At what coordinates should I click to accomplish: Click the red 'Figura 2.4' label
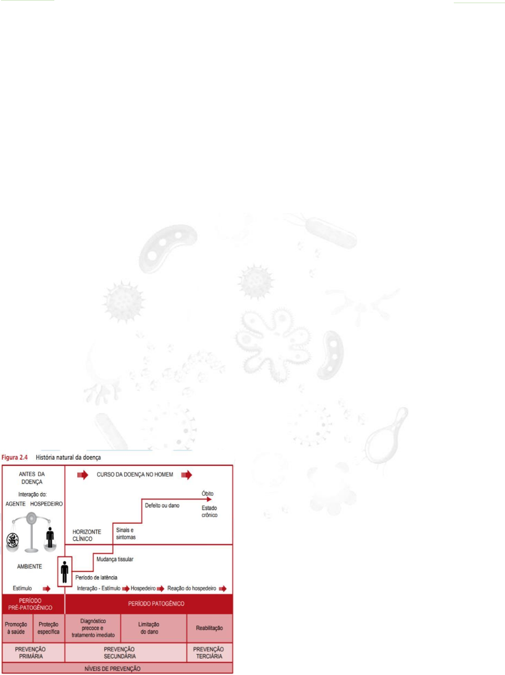pos(14,457)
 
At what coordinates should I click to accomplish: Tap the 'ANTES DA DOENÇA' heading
pos(32,478)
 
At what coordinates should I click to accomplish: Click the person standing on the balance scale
pos(50,537)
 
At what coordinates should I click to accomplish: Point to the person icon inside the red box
pos(65,571)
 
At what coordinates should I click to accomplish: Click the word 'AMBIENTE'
pos(29,566)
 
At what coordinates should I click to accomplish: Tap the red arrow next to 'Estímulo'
pos(47,589)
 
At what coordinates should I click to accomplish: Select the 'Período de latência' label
pos(96,578)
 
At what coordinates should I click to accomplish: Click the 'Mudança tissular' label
pos(115,559)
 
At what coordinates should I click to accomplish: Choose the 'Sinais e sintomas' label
pos(126,534)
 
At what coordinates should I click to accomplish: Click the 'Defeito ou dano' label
pos(162,505)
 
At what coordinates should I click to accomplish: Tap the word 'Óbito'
pos(207,493)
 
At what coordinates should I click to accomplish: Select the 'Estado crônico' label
pos(210,511)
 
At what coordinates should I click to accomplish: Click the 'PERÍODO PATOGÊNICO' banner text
pos(156,604)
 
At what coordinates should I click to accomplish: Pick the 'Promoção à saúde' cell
pos(16,628)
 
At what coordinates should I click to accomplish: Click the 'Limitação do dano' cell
pos(149,628)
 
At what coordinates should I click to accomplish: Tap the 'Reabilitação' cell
pos(210,628)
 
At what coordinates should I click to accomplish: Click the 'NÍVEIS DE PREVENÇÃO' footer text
pos(112,669)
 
